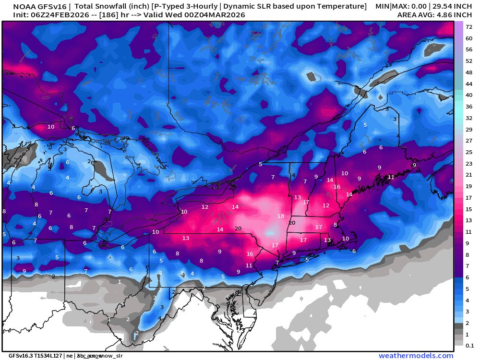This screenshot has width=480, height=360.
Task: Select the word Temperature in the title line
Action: pyautogui.click(x=340, y=7)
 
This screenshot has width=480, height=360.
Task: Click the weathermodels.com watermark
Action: pyautogui.click(x=416, y=356)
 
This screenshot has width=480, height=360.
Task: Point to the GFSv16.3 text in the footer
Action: pyautogui.click(x=19, y=356)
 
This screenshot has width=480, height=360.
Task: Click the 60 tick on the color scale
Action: pyautogui.click(x=469, y=38)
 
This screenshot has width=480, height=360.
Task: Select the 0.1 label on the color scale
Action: pyautogui.click(x=469, y=344)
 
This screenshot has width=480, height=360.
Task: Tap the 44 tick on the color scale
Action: pyautogui.click(x=469, y=84)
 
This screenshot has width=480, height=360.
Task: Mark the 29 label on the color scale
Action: pyautogui.click(x=469, y=130)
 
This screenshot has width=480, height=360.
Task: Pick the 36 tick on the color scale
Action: pyautogui.click(x=469, y=107)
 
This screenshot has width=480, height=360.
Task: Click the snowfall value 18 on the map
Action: pyautogui.click(x=281, y=216)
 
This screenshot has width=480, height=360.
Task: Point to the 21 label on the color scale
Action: pyautogui.click(x=469, y=175)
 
